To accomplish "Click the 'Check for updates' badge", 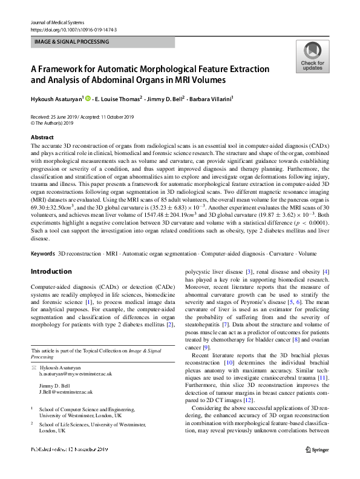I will point(312,56).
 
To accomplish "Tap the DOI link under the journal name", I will point(73,29).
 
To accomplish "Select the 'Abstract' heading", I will point(42,137).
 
